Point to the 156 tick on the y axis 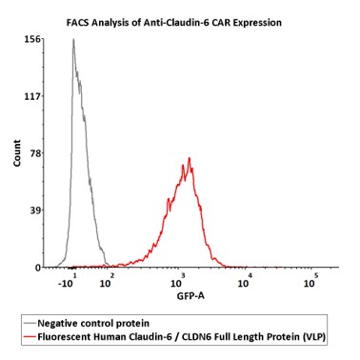(32, 39)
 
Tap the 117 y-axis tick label (32, 96)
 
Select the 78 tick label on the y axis (35, 153)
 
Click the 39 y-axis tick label (35, 210)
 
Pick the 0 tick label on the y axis (38, 268)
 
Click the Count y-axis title (17, 152)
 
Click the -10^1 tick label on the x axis (68, 281)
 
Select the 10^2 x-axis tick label (107, 281)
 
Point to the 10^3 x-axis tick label (177, 281)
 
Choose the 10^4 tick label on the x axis (245, 281)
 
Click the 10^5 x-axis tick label (310, 281)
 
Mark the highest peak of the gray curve (73, 39)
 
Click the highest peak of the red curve (190, 158)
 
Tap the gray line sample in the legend (30, 324)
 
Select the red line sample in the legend (30, 336)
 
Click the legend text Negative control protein (93, 324)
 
